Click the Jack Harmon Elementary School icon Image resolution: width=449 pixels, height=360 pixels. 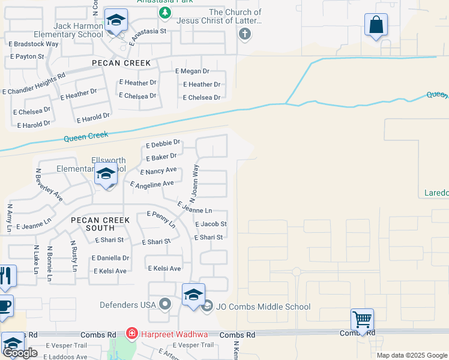(114, 20)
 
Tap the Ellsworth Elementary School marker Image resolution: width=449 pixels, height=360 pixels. (106, 174)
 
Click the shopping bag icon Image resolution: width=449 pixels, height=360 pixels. (376, 25)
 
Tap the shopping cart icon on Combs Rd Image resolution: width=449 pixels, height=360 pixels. (362, 319)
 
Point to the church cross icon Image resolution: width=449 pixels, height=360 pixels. (244, 33)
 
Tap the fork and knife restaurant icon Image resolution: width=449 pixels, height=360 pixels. (5, 275)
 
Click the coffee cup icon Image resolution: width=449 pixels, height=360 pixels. (5, 304)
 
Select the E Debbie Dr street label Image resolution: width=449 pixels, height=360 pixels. (163, 143)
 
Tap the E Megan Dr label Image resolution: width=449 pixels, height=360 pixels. (192, 71)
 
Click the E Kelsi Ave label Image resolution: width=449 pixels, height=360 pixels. (164, 268)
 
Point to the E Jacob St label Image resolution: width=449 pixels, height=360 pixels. (211, 224)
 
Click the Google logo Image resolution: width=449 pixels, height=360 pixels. (20, 353)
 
